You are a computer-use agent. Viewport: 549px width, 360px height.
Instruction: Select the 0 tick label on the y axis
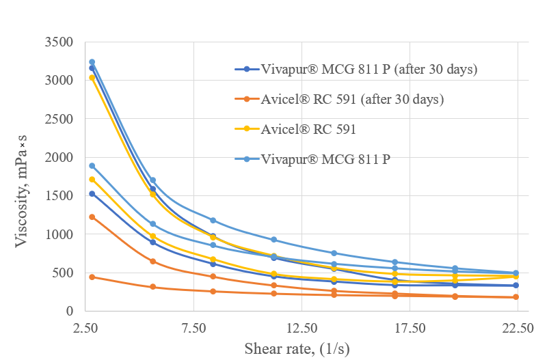coord(69,311)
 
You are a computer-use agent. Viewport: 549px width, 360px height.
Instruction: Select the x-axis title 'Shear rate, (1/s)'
coord(297,348)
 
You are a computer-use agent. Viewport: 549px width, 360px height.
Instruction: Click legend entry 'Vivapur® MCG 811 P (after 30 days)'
coord(369,70)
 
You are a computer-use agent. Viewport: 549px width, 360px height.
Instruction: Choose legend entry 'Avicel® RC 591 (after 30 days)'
coord(352,99)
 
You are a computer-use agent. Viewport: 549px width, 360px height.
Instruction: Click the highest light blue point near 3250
coord(92,62)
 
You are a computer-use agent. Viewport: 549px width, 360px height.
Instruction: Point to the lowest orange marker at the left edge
coord(92,277)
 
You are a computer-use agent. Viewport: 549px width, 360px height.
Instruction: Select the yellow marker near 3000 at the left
coord(92,78)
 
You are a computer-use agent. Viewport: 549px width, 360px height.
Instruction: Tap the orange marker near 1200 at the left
coord(92,217)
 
